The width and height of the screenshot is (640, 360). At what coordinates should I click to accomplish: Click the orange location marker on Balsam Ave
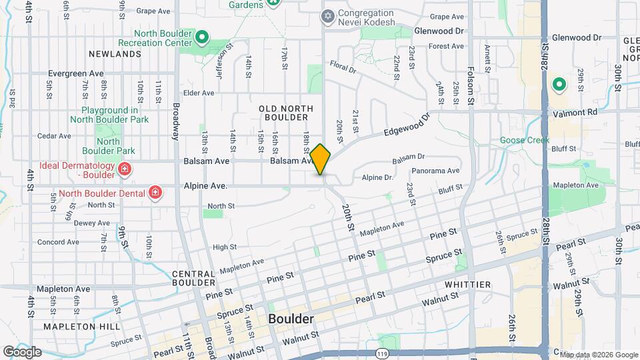pyautogui.click(x=321, y=159)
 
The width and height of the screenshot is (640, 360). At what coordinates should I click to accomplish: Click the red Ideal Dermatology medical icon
pyautogui.click(x=124, y=170)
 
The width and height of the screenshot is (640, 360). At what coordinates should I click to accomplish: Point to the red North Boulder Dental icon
pyautogui.click(x=155, y=193)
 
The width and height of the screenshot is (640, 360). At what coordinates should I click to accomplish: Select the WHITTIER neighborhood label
pyautogui.click(x=467, y=285)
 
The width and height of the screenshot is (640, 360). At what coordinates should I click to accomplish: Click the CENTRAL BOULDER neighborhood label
pyautogui.click(x=193, y=279)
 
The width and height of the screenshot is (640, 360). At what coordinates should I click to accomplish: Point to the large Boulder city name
pyautogui.click(x=291, y=319)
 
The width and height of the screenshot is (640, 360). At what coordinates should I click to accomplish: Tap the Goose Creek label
pyautogui.click(x=525, y=141)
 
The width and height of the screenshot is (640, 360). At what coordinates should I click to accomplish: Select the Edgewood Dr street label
pyautogui.click(x=409, y=125)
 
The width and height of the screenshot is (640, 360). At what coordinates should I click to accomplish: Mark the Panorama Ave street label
pyautogui.click(x=439, y=171)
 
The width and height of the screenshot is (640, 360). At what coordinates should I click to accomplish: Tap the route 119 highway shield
pyautogui.click(x=381, y=352)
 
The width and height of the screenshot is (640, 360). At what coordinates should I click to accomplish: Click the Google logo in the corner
pyautogui.click(x=22, y=351)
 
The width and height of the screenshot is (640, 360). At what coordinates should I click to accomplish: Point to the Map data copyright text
pyautogui.click(x=598, y=355)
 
